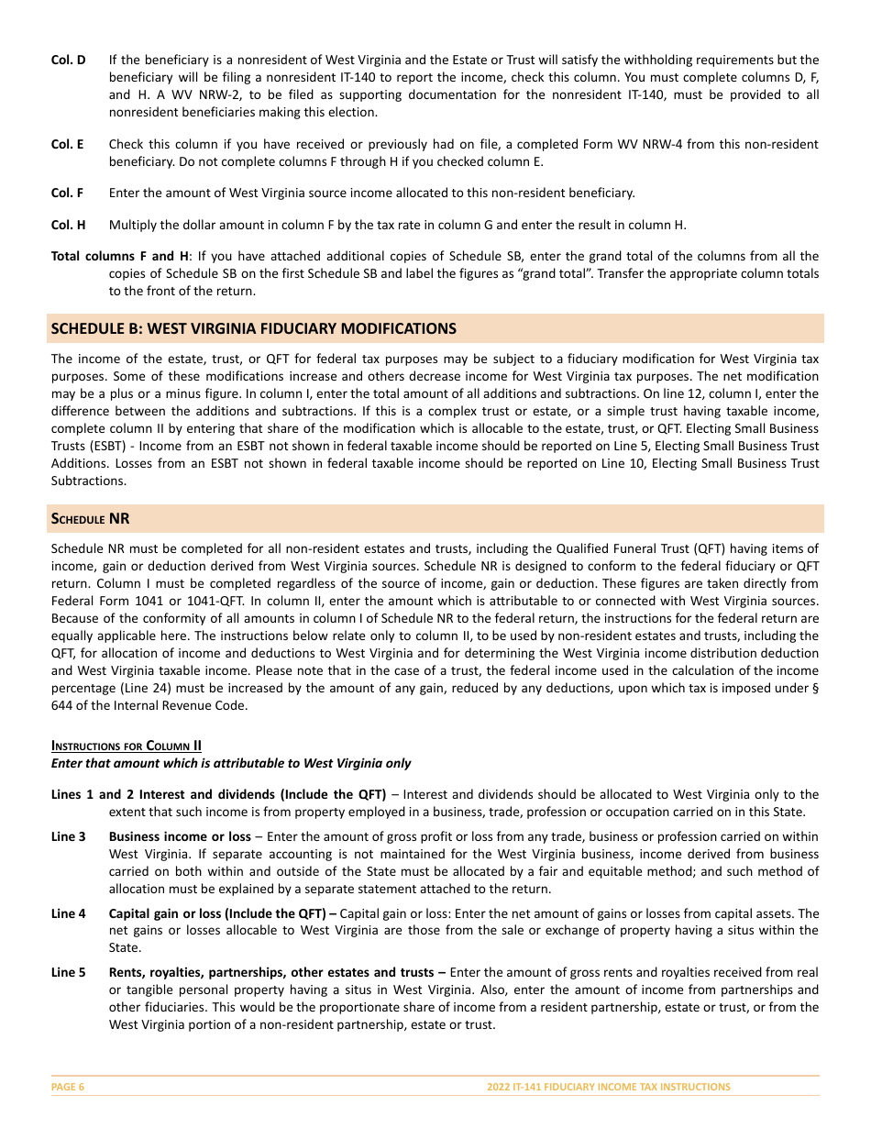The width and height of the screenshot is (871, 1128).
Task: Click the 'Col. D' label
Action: (x=68, y=60)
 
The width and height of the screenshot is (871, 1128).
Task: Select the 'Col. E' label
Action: (x=67, y=145)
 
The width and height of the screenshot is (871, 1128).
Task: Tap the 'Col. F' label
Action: (x=67, y=193)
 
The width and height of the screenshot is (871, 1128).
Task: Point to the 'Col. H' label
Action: (x=68, y=225)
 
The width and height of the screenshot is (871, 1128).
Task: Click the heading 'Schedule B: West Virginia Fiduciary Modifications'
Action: (x=253, y=328)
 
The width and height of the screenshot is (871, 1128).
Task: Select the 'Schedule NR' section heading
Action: (x=90, y=519)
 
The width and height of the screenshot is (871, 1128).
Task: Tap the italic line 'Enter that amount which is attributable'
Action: (x=231, y=763)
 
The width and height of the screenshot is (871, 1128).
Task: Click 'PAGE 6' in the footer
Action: (x=68, y=1087)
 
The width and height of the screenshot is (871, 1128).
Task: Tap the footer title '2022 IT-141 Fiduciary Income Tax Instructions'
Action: (x=609, y=1087)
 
